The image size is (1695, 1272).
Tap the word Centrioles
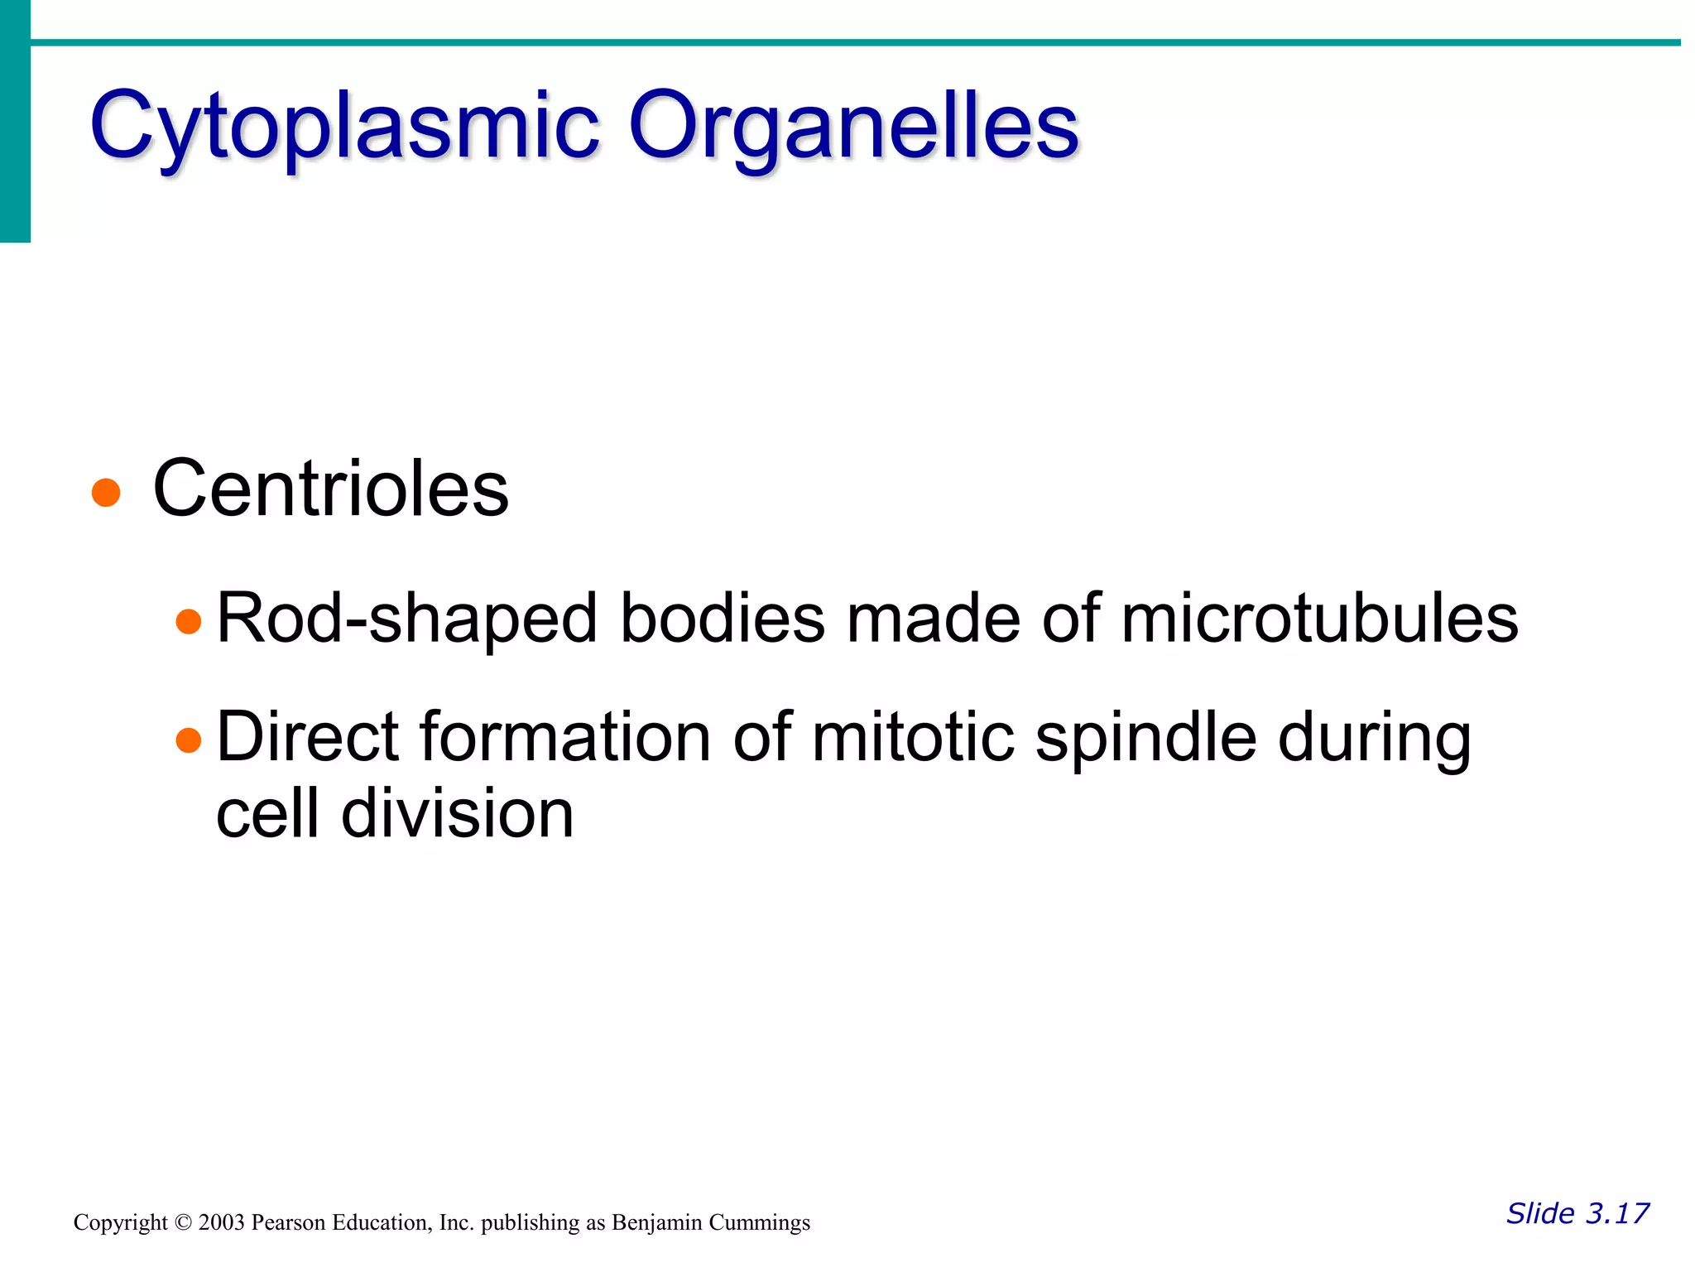pyautogui.click(x=330, y=489)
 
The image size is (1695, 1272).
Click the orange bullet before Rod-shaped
pyautogui.click(x=189, y=621)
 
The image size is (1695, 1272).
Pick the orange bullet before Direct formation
pyautogui.click(x=189, y=740)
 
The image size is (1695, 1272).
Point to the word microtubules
pyautogui.click(x=1319, y=618)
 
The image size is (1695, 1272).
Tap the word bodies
pyautogui.click(x=722, y=618)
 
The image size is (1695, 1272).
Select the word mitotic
pyautogui.click(x=912, y=737)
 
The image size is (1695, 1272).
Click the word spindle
pyautogui.click(x=1146, y=739)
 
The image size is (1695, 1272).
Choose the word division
pyautogui.click(x=457, y=813)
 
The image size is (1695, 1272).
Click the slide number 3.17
pyautogui.click(x=1616, y=1213)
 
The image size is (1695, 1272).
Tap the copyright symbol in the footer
pyautogui.click(x=183, y=1223)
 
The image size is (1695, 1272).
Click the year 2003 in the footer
pyautogui.click(x=221, y=1223)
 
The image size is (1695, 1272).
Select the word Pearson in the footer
pyautogui.click(x=286, y=1223)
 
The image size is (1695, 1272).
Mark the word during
pyautogui.click(x=1374, y=739)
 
